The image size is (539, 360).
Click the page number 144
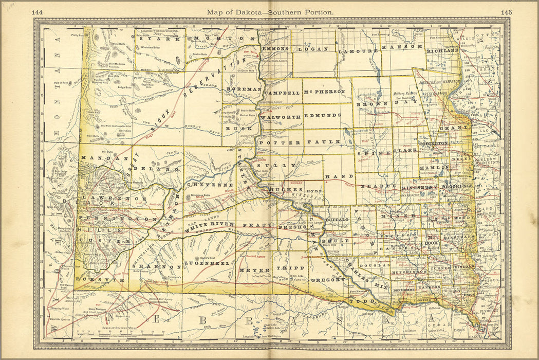(x=38, y=11)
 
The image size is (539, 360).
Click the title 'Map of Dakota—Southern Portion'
(x=270, y=11)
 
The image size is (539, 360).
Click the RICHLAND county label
(x=442, y=51)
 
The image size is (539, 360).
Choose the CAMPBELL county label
(x=282, y=93)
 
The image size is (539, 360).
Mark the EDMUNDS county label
(x=322, y=116)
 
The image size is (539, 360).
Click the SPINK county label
(x=375, y=153)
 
